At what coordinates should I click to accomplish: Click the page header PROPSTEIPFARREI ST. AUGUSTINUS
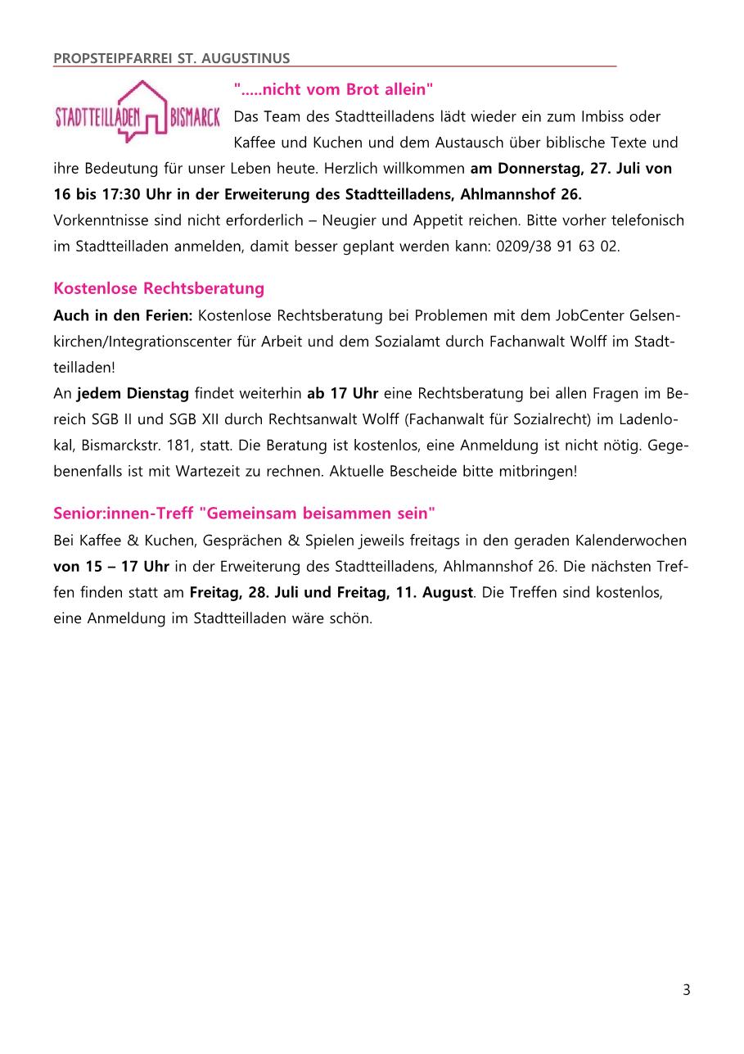click(171, 59)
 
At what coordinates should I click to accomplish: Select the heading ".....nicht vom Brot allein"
click(333, 89)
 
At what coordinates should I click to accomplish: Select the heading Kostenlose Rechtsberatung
click(159, 288)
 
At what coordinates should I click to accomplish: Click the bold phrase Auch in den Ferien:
click(124, 315)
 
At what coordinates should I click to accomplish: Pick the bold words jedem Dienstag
click(133, 393)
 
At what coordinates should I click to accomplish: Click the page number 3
click(686, 990)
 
